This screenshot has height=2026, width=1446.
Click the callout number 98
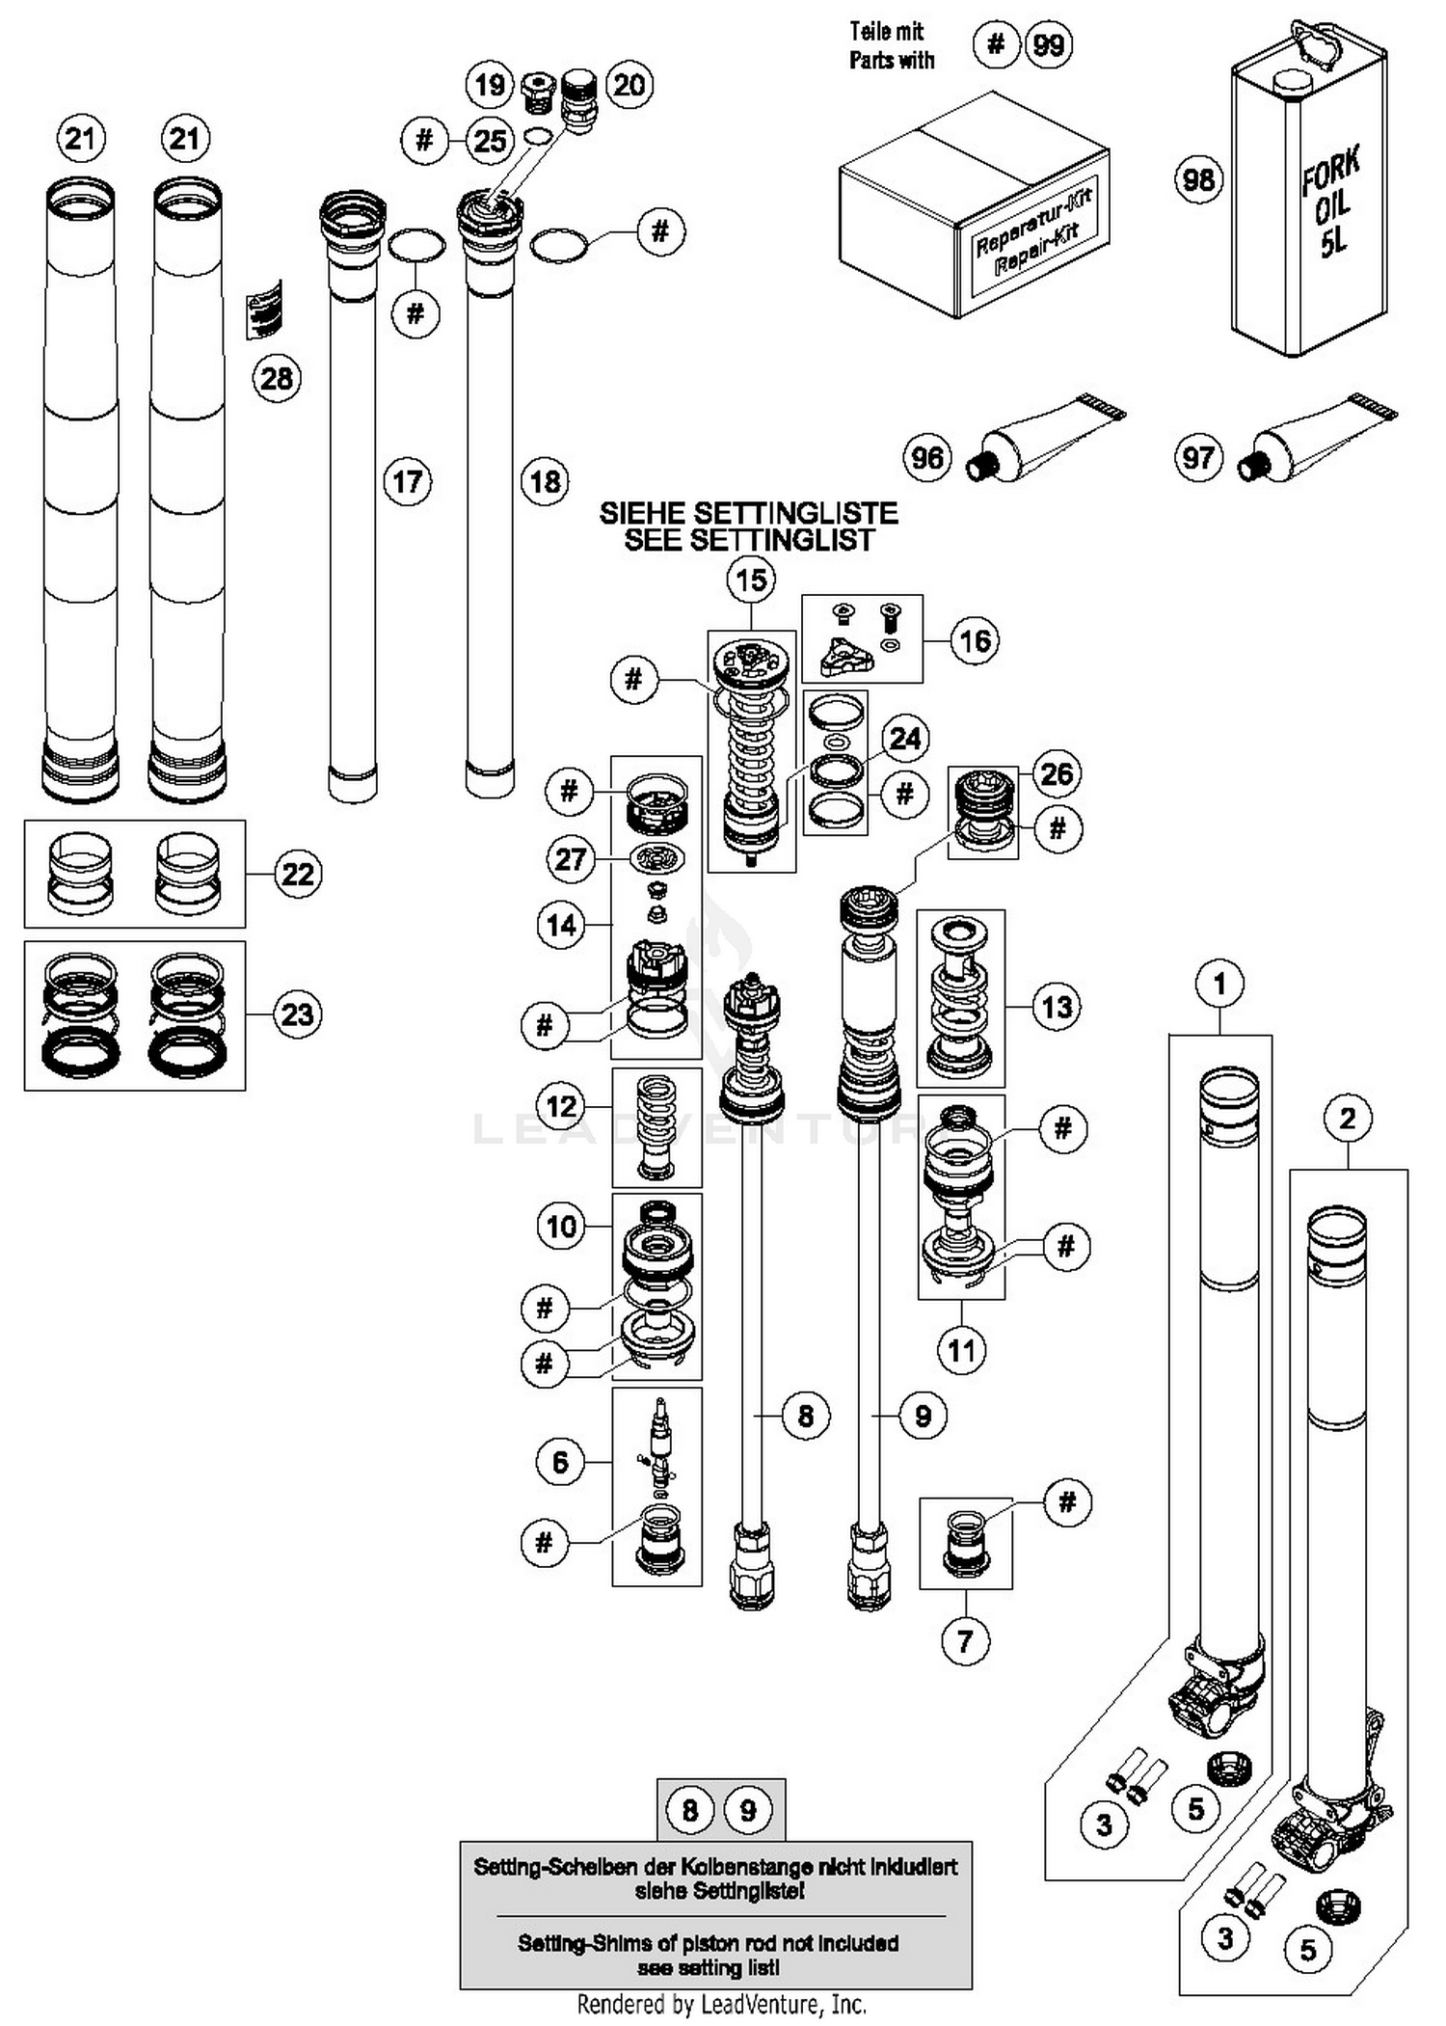[x=1198, y=179]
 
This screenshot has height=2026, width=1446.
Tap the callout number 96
[x=927, y=457]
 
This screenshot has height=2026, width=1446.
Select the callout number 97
[x=1198, y=457]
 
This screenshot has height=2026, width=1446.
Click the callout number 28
[x=277, y=378]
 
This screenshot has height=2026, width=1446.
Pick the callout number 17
[x=408, y=481]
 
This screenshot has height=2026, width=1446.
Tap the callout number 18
[x=546, y=481]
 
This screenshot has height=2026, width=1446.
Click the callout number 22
[x=297, y=874]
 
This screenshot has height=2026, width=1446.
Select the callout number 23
[x=297, y=1014]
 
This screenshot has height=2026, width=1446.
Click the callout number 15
[x=751, y=581]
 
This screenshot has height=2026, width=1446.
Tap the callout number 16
[x=975, y=640]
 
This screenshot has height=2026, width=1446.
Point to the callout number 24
[x=905, y=739]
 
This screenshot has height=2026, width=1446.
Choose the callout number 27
[x=571, y=858]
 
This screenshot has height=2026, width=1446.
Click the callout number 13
[x=1057, y=1007]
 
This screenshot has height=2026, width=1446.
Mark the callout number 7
[x=965, y=1639]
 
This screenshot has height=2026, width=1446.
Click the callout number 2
[x=1348, y=1119]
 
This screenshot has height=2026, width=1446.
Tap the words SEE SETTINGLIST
[x=748, y=540]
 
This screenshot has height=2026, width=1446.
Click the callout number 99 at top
[x=1049, y=44]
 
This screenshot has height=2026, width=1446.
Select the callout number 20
[x=629, y=85]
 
